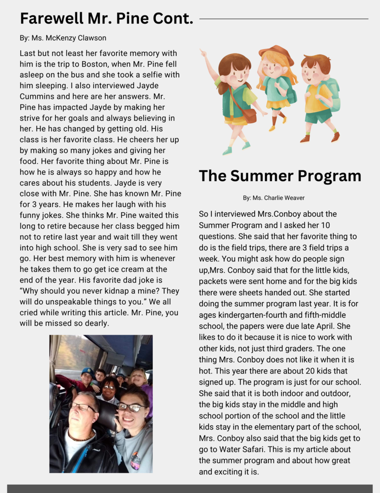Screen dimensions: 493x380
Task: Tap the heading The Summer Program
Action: (280, 176)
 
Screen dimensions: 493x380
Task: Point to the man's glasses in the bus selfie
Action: (82, 407)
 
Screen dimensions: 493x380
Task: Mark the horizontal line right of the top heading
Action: (283, 19)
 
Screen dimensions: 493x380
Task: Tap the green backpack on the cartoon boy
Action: (334, 94)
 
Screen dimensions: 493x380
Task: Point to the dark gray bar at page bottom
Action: (190, 488)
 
